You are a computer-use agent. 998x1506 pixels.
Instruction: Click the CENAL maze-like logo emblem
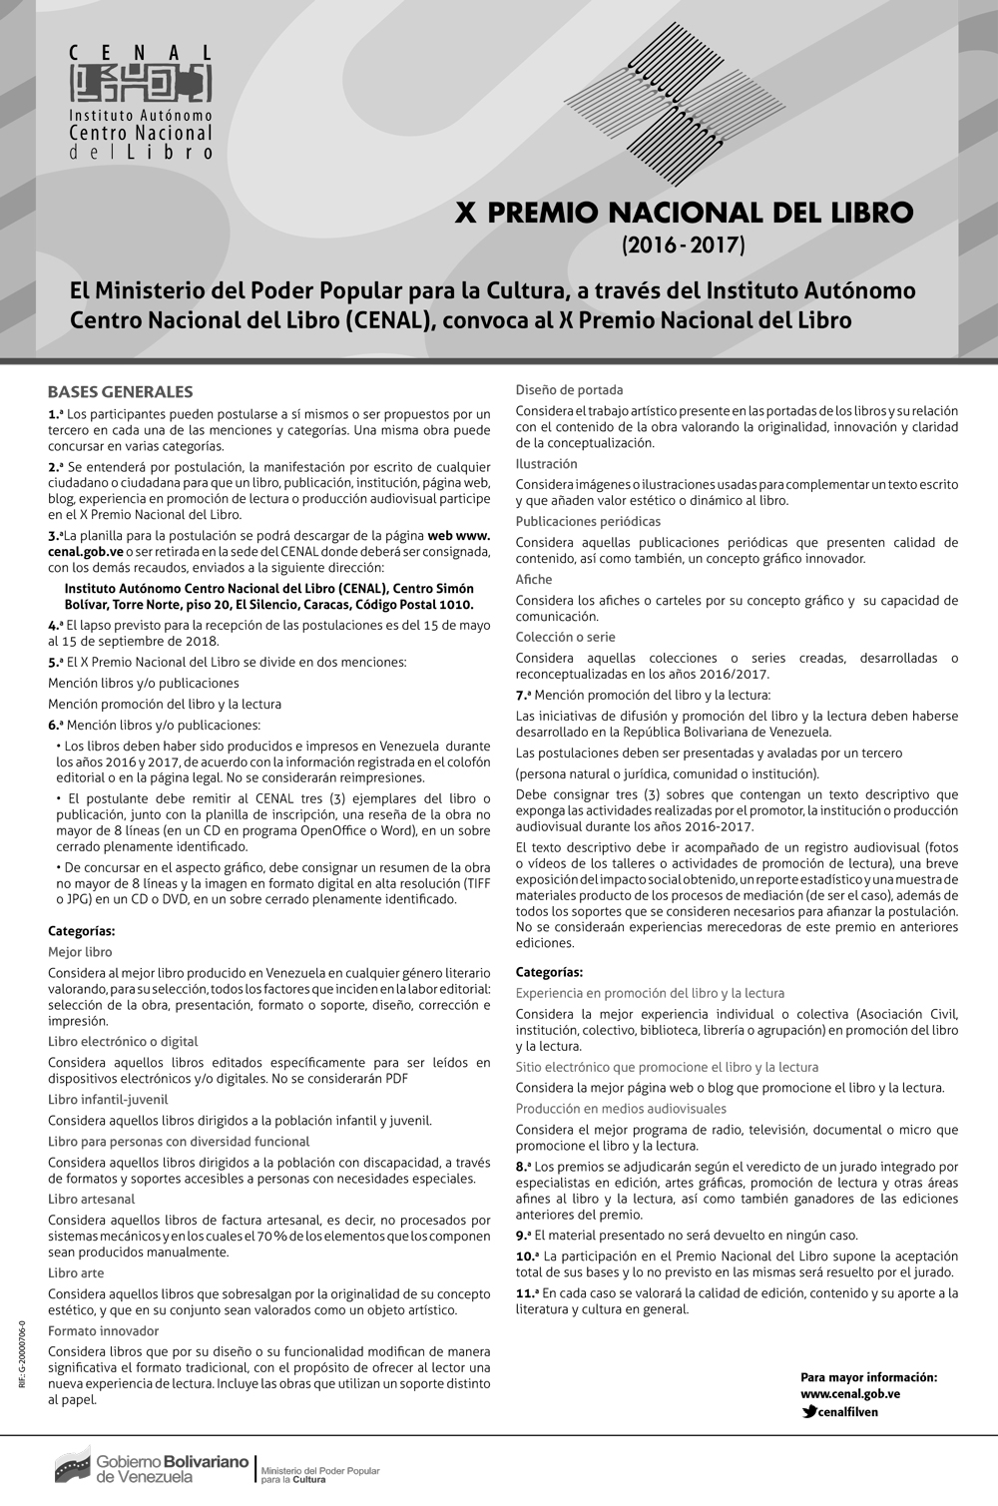[x=141, y=84]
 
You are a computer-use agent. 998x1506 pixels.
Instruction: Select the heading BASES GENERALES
[x=120, y=392]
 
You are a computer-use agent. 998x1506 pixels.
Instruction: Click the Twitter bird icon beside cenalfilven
[x=808, y=1412]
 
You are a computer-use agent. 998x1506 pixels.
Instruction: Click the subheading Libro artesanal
[x=91, y=1199]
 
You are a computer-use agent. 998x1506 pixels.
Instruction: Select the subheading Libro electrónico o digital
[x=123, y=1041]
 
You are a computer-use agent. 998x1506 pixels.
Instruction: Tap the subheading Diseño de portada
[x=569, y=390]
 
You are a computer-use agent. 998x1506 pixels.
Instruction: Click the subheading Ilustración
[x=546, y=464]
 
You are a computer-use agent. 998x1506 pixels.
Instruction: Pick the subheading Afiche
[x=534, y=579]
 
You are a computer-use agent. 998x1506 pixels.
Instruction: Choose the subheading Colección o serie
[x=565, y=637]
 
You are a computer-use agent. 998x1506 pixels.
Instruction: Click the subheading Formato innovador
[x=103, y=1330]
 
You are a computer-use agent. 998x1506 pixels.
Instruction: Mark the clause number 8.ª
[x=523, y=1166]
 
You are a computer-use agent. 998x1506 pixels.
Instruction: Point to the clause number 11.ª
[x=527, y=1292]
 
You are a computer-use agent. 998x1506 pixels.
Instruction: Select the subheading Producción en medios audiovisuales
[x=621, y=1109]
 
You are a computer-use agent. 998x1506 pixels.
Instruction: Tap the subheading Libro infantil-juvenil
[x=108, y=1099]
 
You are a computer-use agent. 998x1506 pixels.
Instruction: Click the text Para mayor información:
[x=868, y=1377]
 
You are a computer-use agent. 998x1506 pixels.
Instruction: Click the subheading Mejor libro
[x=80, y=952]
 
